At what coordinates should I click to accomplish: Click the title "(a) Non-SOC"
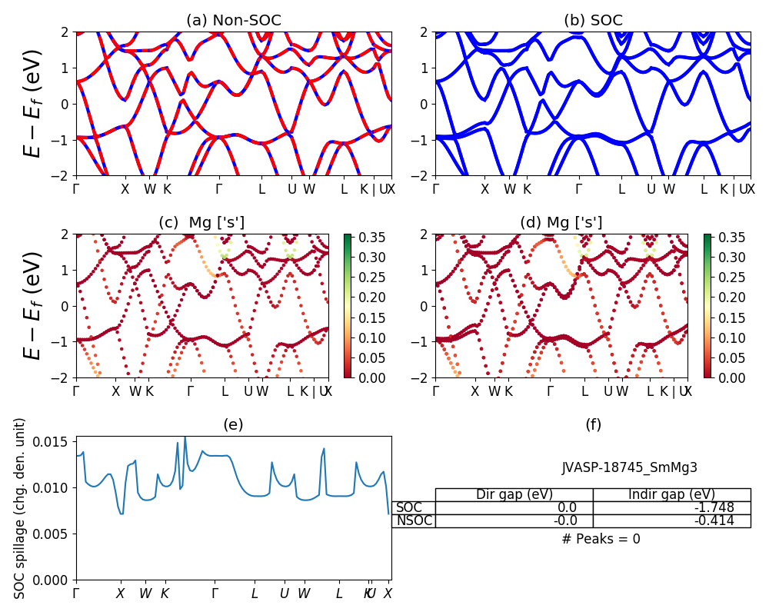(x=234, y=20)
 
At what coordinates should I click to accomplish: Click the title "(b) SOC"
(x=593, y=20)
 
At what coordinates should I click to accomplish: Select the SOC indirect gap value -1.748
(x=711, y=507)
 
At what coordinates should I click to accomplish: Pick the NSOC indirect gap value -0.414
(x=711, y=520)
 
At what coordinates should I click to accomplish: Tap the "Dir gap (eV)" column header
(x=514, y=494)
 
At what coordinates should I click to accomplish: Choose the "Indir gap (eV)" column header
(x=671, y=494)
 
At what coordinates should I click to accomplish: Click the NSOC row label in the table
(x=414, y=520)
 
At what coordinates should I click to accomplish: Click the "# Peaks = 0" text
(x=601, y=539)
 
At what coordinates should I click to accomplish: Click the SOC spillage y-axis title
(x=20, y=507)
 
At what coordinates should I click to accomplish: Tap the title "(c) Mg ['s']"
(x=201, y=223)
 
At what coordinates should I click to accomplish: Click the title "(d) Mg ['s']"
(x=561, y=223)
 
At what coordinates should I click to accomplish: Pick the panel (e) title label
(x=234, y=424)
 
